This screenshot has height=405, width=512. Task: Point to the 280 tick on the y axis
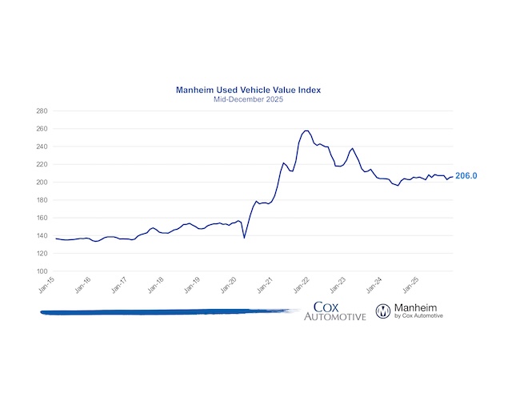point(42,110)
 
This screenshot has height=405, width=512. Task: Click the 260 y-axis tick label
point(42,129)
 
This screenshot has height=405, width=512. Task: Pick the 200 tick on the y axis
point(42,182)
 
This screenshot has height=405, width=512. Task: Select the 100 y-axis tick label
point(42,271)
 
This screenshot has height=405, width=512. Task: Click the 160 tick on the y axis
point(42,218)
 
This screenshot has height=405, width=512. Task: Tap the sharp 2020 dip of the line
point(244,237)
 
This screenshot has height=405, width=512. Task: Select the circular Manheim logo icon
point(383,311)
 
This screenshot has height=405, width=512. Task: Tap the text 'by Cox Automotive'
point(419,317)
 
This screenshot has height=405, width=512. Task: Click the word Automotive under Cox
point(334,318)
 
